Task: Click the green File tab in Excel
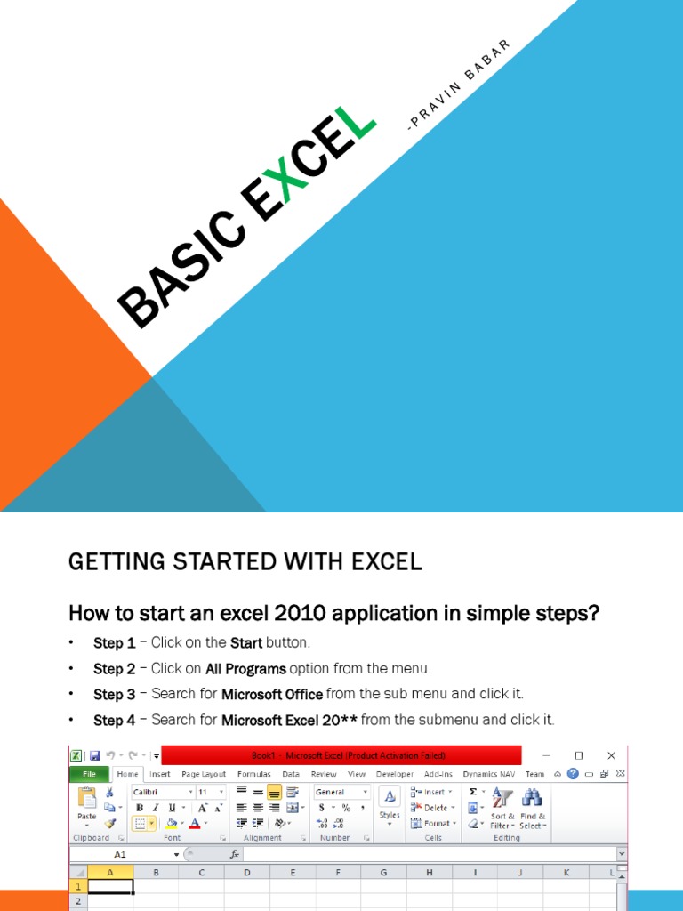coord(89,774)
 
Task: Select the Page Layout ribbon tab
coord(204,774)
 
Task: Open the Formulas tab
coord(254,774)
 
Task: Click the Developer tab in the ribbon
coord(395,774)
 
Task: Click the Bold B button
coord(140,808)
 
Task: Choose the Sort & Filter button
coord(502,808)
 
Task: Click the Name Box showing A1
coord(120,854)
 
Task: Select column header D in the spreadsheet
coord(246,874)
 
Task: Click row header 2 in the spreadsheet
coord(77,902)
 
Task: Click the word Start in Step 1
coord(245,642)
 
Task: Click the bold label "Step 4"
coord(115,720)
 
